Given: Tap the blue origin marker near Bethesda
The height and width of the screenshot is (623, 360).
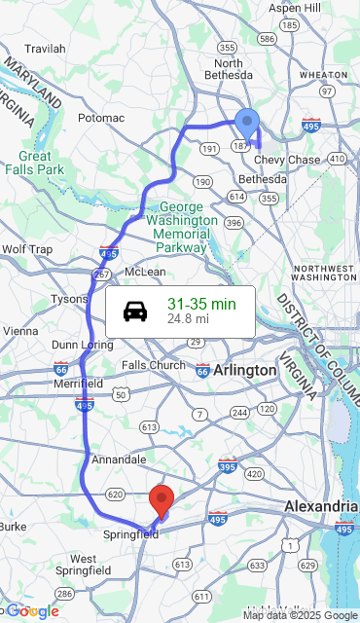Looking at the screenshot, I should [x=248, y=124].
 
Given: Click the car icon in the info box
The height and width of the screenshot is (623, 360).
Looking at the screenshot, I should [x=135, y=311].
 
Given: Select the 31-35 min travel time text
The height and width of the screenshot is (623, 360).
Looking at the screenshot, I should [x=201, y=304].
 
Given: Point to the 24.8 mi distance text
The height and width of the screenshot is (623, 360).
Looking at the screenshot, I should [x=188, y=318].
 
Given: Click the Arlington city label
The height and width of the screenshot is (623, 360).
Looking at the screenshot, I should [x=245, y=370].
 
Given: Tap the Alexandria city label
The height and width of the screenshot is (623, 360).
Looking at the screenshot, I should [x=320, y=506].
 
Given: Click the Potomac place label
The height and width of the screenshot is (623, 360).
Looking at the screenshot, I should [x=101, y=118].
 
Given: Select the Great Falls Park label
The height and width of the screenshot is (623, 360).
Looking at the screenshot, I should [x=33, y=163].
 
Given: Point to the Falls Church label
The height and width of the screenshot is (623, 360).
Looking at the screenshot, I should [x=154, y=365].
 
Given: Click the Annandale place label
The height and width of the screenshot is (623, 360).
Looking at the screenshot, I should [x=119, y=458].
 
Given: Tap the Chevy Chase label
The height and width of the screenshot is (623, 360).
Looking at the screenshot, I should [x=287, y=160].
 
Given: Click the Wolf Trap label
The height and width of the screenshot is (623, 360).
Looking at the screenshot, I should [x=26, y=249].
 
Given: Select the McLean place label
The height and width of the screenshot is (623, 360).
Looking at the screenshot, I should [x=145, y=272].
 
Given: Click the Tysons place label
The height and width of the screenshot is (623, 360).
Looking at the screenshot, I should [x=69, y=299].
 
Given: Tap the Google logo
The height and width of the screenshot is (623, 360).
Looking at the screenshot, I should [x=33, y=611].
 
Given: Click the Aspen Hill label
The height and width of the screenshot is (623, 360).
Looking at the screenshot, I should [x=294, y=8].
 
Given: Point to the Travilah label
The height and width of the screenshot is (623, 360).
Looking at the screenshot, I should [x=45, y=49].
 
